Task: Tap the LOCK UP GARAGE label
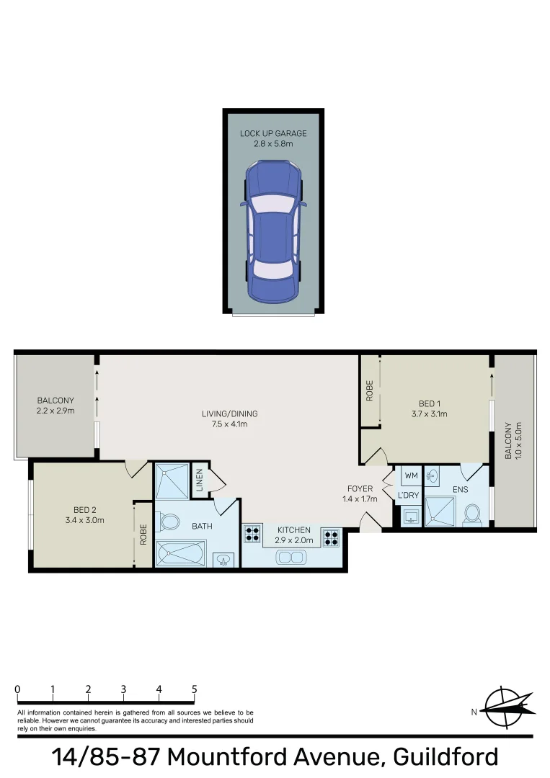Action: point(273,133)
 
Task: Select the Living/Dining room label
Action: point(229,414)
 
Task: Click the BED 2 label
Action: point(80,509)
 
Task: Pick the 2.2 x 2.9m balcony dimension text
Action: point(56,411)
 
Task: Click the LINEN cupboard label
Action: point(200,481)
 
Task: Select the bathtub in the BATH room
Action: point(181,554)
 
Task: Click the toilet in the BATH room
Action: point(170,520)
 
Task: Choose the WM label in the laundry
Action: point(411,476)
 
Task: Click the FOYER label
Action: point(360,488)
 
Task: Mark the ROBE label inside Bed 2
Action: point(143,534)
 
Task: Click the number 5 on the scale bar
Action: point(194,689)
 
